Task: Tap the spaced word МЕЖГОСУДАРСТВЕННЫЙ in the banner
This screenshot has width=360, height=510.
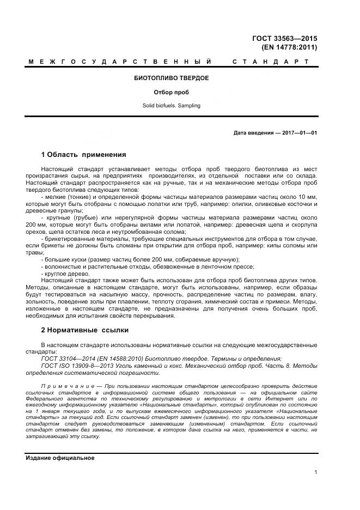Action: click(x=119, y=62)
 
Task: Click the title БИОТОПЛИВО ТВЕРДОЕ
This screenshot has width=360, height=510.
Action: click(x=171, y=78)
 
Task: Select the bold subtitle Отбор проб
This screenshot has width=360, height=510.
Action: click(x=171, y=92)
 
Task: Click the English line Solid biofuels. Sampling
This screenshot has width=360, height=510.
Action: click(x=171, y=105)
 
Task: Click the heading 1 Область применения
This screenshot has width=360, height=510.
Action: click(x=83, y=154)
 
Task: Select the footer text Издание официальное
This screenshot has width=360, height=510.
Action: click(x=60, y=458)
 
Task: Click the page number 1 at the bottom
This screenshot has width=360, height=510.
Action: click(x=315, y=472)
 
